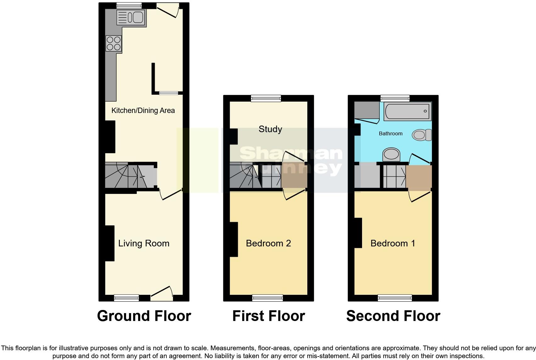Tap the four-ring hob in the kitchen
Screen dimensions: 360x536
[114, 43]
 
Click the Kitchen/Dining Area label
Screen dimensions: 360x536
[143, 110]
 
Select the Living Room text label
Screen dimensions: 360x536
[144, 243]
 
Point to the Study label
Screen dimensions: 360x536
[270, 129]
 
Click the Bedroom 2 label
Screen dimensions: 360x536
[268, 243]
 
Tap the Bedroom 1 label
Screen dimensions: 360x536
[393, 243]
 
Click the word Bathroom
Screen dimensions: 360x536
[390, 133]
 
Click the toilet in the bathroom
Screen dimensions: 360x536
[422, 135]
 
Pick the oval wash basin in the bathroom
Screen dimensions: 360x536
[391, 155]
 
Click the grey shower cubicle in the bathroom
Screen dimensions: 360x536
[366, 110]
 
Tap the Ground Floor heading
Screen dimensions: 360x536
[144, 316]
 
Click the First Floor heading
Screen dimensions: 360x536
[268, 316]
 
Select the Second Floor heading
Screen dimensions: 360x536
[393, 316]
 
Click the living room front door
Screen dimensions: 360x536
[162, 295]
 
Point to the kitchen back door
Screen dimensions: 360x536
[168, 9]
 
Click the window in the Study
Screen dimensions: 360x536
[266, 98]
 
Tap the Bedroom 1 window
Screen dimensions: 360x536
[395, 298]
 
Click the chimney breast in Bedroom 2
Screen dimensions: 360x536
[233, 239]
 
